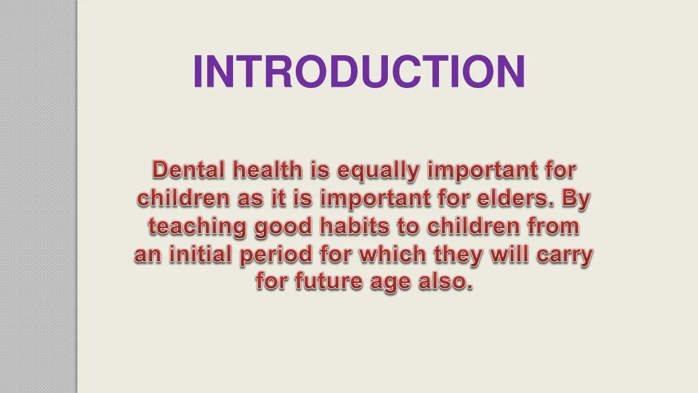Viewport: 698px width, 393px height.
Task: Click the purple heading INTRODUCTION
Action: pos(360,71)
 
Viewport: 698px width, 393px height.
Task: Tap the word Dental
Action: pos(188,170)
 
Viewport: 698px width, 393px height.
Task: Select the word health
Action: pos(267,170)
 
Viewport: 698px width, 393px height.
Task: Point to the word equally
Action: pos(378,171)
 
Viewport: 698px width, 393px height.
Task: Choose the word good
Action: pos(283,227)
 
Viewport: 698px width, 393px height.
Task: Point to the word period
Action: pos(276,256)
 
